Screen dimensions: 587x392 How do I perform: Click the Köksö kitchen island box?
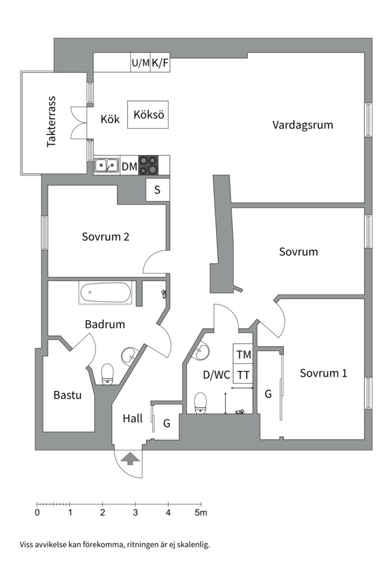click(x=148, y=115)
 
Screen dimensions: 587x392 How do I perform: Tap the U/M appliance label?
click(x=140, y=63)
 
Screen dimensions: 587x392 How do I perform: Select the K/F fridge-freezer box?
click(x=160, y=63)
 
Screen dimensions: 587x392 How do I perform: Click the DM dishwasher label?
click(x=129, y=166)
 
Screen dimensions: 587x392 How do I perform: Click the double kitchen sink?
click(x=106, y=165)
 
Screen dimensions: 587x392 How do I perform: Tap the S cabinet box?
click(x=157, y=190)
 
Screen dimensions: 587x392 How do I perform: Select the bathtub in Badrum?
click(x=106, y=293)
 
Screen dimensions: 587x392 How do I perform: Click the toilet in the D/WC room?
click(x=200, y=403)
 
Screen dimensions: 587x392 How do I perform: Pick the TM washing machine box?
click(x=243, y=355)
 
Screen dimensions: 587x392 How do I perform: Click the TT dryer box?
click(x=243, y=375)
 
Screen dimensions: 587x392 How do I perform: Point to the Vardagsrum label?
click(x=302, y=125)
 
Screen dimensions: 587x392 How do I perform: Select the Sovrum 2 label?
click(x=106, y=237)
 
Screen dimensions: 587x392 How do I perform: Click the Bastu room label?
click(x=68, y=395)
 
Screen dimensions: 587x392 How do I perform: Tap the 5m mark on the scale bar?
click(x=201, y=512)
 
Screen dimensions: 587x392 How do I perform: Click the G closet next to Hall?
click(x=167, y=422)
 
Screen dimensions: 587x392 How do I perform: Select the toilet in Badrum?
click(x=107, y=373)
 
